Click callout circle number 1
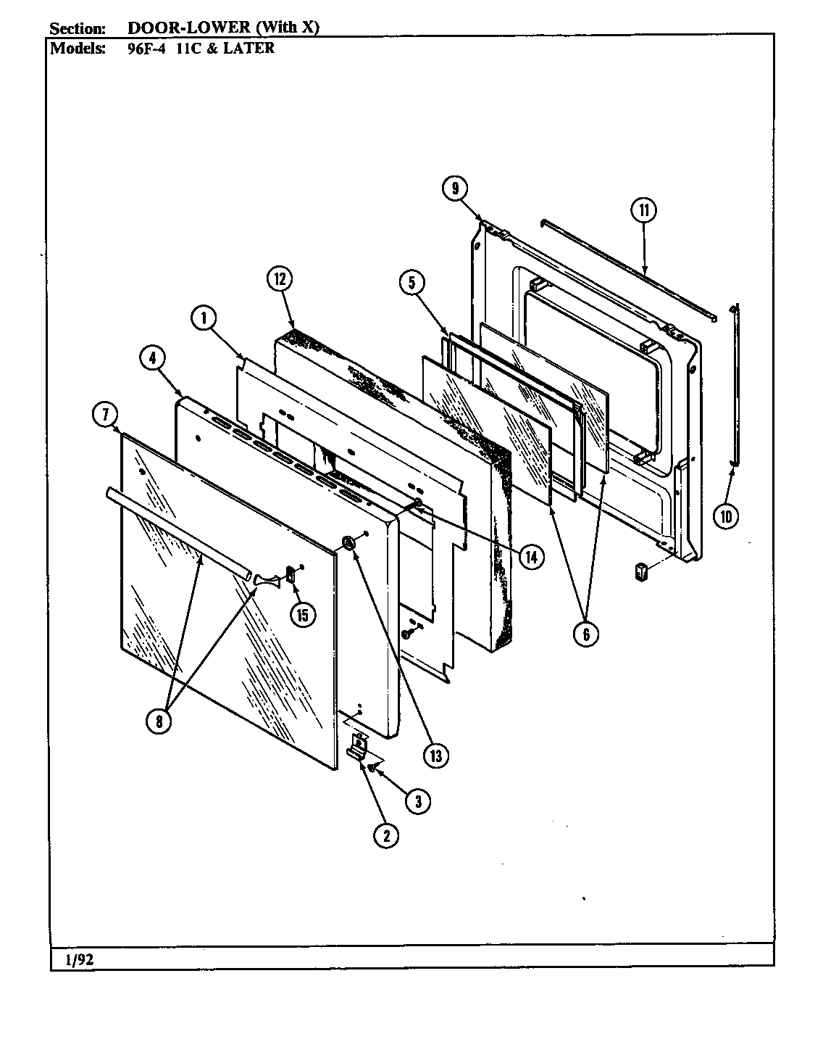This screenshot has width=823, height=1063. tap(204, 317)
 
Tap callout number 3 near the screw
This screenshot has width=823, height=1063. tap(418, 801)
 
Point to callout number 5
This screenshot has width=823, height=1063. tap(411, 283)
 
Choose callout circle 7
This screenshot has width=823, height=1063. tap(105, 415)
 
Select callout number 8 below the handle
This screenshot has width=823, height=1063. tap(160, 720)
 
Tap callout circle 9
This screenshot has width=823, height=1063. tap(454, 189)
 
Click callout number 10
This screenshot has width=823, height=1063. tap(727, 516)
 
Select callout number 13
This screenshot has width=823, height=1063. tap(436, 755)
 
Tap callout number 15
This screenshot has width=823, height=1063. tap(302, 614)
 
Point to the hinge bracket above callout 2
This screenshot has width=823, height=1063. tap(358, 745)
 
